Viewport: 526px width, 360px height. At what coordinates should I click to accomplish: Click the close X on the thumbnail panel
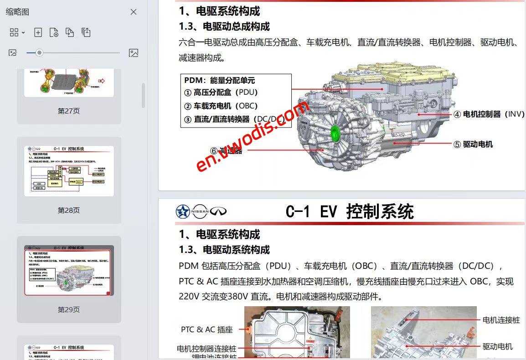point(134,12)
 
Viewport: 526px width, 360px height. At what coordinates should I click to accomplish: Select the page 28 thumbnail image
point(69,171)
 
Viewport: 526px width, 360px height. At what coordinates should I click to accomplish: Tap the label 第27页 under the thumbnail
point(69,111)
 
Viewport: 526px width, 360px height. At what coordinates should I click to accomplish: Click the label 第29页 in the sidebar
point(69,309)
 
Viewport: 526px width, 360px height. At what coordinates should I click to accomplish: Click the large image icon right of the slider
point(134,53)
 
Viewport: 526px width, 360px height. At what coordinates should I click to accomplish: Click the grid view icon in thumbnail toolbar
point(14,32)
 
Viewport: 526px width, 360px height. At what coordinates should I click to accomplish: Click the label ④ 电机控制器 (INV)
point(489,114)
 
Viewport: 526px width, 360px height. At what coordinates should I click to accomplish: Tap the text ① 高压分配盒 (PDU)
point(221,92)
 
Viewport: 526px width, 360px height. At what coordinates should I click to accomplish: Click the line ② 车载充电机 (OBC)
point(221,106)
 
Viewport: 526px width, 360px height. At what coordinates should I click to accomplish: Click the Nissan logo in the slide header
point(200,211)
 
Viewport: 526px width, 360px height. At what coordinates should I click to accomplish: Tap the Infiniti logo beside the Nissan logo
point(218,211)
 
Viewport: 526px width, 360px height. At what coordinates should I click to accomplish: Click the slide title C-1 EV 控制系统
point(350,212)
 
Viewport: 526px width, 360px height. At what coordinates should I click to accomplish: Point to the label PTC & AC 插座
point(206,329)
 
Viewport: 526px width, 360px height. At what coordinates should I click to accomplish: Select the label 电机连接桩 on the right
point(501,320)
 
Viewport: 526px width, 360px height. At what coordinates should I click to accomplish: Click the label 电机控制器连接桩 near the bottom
point(206,349)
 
